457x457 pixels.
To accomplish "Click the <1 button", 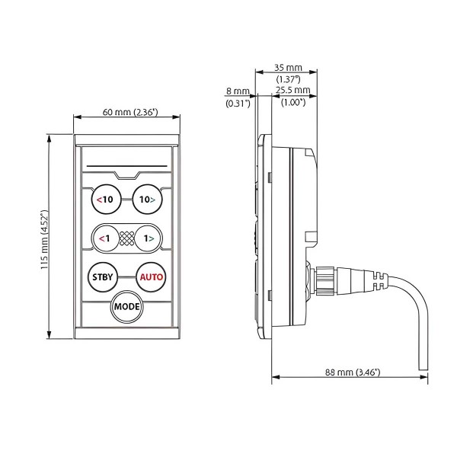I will click(104, 238).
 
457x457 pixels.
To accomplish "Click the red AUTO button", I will click(150, 276).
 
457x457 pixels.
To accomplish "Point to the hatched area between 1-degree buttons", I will click(126, 238).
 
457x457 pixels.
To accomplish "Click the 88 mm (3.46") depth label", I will click(353, 372).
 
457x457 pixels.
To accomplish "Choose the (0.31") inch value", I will click(238, 104).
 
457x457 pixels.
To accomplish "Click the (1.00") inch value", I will click(292, 102).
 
